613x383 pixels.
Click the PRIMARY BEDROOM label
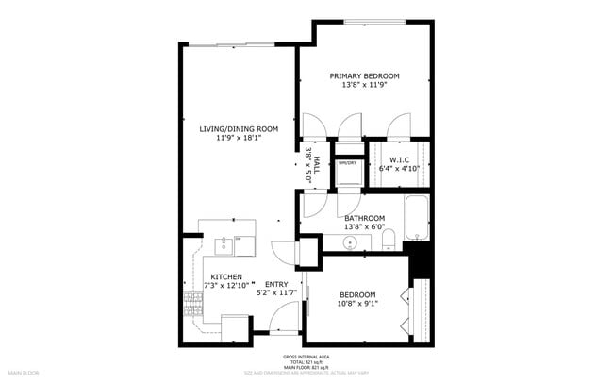(364, 75)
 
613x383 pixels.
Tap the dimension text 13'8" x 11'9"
(364, 85)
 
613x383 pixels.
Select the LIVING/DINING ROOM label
(238, 128)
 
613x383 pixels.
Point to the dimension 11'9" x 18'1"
(238, 138)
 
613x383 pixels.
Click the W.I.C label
(398, 158)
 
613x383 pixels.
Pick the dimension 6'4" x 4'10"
(398, 168)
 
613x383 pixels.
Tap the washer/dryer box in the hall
(349, 171)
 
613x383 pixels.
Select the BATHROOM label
(364, 218)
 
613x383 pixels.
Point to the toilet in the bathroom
(389, 242)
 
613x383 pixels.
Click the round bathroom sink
(351, 243)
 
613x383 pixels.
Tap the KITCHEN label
(212, 276)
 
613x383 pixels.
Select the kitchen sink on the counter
(224, 246)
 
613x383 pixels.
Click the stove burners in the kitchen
(194, 302)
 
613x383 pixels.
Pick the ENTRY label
(275, 284)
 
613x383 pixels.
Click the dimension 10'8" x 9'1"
(357, 304)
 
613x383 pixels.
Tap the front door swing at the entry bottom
(282, 323)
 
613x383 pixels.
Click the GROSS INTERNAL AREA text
(306, 356)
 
